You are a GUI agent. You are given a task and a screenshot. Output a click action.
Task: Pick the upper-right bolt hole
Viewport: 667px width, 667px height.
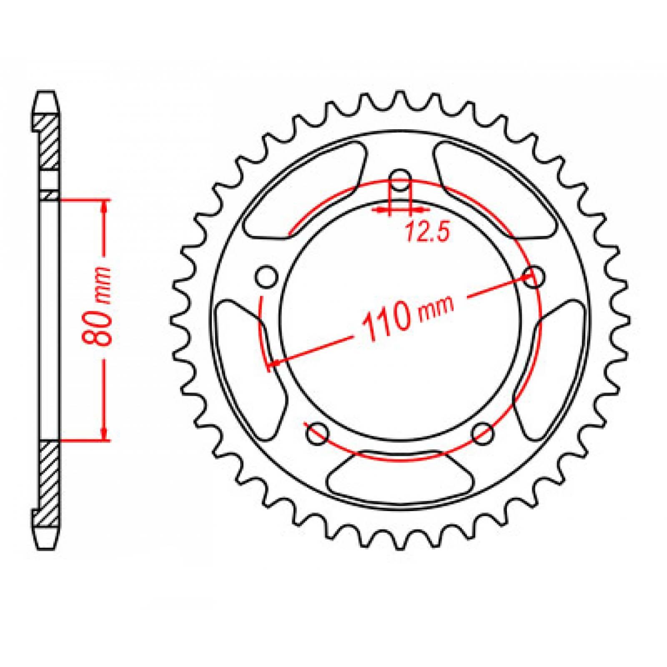pos(534,276)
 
